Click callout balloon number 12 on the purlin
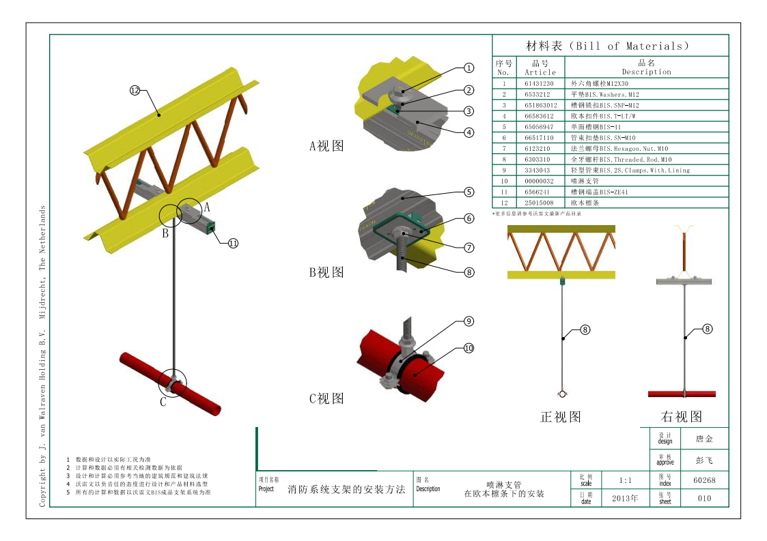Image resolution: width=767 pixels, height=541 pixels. [x=135, y=89]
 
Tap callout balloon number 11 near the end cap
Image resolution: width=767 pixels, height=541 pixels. [x=233, y=243]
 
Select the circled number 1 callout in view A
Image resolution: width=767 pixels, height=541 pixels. [x=469, y=68]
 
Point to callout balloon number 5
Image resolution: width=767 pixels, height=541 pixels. [x=469, y=192]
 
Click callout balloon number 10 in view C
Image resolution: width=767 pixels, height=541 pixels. [x=469, y=348]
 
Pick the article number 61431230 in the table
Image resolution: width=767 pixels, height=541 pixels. [x=539, y=84]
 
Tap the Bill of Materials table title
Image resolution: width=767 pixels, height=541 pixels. [x=608, y=46]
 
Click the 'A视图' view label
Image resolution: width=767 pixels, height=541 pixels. [x=326, y=146]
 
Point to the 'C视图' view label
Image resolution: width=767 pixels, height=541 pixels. [x=326, y=398]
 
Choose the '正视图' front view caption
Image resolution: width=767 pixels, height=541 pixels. [x=560, y=417]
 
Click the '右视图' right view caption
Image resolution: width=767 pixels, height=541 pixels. [x=681, y=416]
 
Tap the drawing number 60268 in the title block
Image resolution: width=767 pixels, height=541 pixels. [x=704, y=480]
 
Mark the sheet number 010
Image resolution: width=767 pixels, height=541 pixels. [x=704, y=498]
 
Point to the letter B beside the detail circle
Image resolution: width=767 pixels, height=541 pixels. [x=165, y=233]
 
